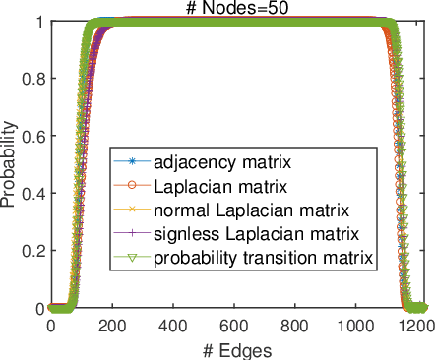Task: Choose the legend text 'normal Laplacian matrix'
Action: click(x=234, y=210)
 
